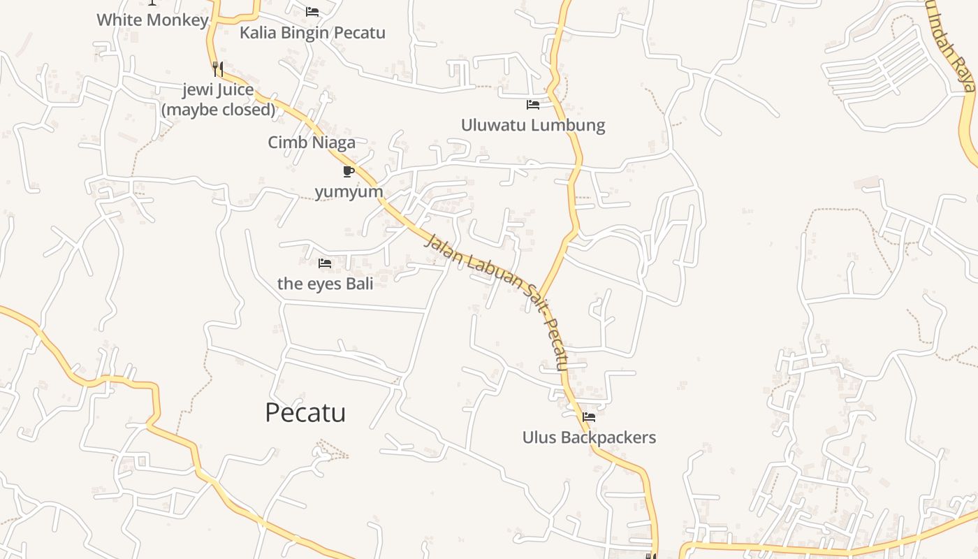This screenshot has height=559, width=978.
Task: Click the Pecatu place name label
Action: (x=305, y=413)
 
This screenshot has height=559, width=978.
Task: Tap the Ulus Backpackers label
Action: (x=589, y=437)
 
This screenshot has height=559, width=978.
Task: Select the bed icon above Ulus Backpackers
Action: (x=589, y=417)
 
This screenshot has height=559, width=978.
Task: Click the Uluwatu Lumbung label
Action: (x=532, y=125)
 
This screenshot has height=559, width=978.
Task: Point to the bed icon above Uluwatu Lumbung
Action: (x=533, y=105)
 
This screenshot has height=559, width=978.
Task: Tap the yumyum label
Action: (x=349, y=191)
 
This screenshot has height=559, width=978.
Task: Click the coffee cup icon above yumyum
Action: (x=349, y=171)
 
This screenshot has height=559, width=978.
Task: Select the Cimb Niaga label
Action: (x=312, y=143)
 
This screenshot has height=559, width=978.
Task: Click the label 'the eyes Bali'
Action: (x=325, y=284)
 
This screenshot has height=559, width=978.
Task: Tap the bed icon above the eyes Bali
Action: (x=325, y=263)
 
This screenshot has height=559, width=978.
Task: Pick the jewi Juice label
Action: (x=218, y=90)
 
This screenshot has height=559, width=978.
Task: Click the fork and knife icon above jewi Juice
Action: (x=218, y=68)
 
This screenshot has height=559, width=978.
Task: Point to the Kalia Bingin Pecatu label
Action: (x=312, y=33)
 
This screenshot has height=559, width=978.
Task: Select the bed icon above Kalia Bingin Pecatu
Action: (x=312, y=12)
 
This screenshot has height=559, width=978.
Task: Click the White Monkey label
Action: (x=152, y=20)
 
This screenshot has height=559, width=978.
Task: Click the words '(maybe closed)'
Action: (x=219, y=110)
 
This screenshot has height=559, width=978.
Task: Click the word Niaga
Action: (x=333, y=143)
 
